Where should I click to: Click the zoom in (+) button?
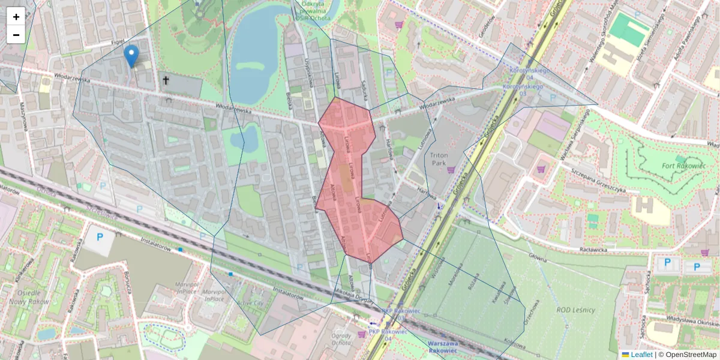[x=16, y=17]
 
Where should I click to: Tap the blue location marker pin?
[x=131, y=56]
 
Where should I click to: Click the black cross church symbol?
[x=166, y=80]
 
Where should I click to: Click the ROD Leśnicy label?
[x=575, y=310]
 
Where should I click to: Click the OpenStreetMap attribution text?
[x=690, y=355]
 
